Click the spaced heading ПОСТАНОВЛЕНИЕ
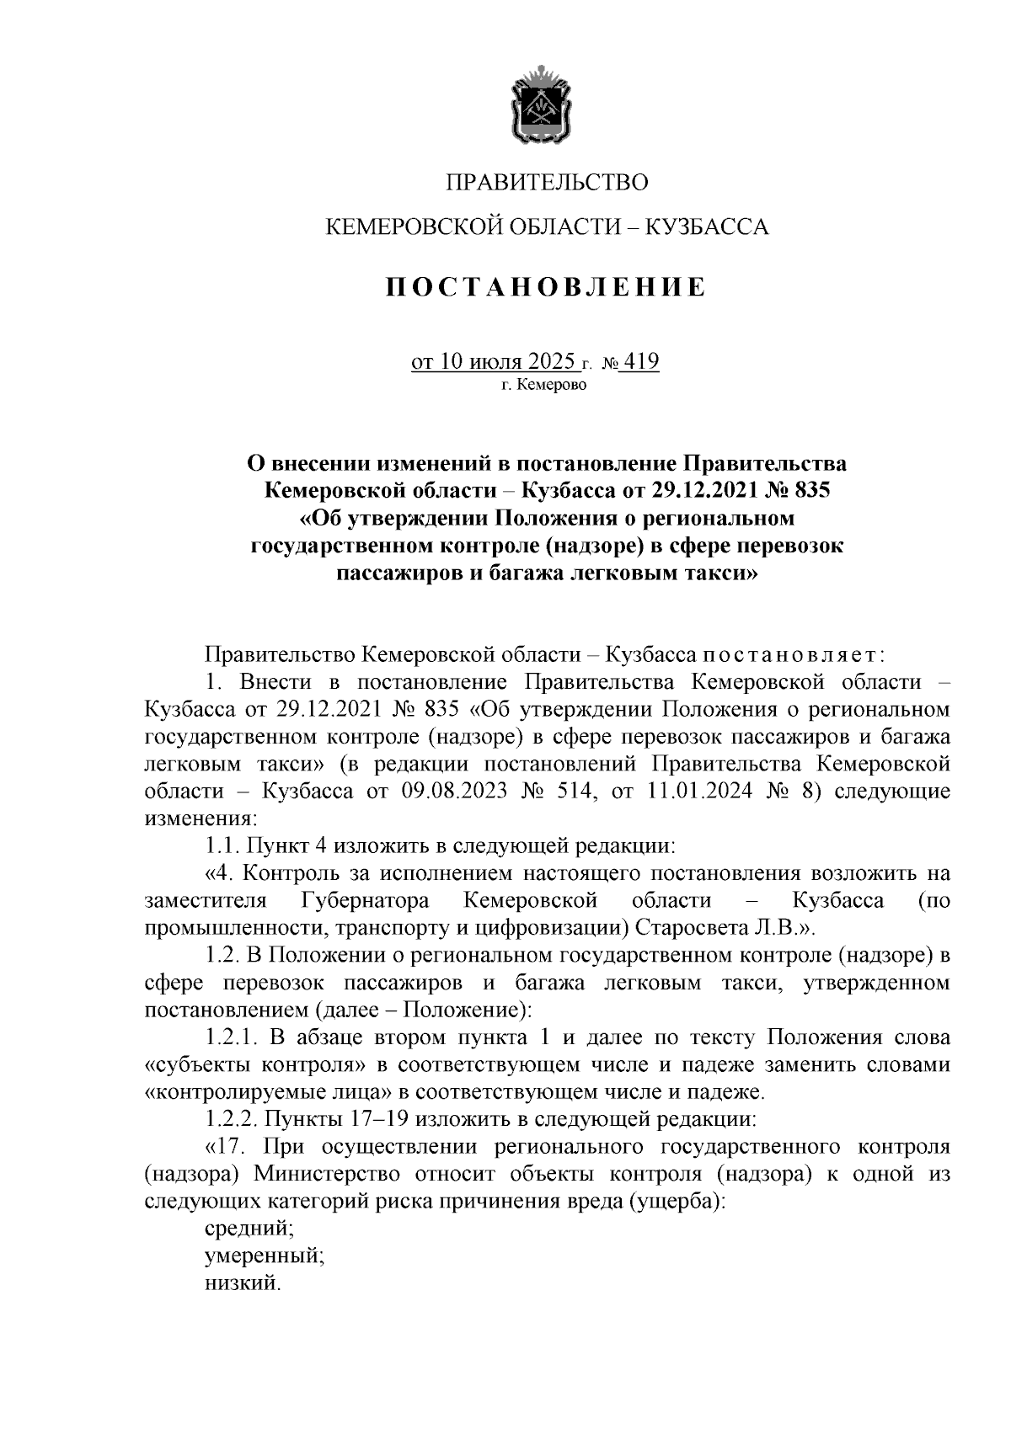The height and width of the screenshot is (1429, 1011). (546, 287)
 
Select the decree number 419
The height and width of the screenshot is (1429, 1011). (641, 361)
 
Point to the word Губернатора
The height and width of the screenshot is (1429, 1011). (364, 900)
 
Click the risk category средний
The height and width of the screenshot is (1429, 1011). (249, 1229)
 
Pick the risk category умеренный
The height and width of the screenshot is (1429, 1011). (265, 1256)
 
